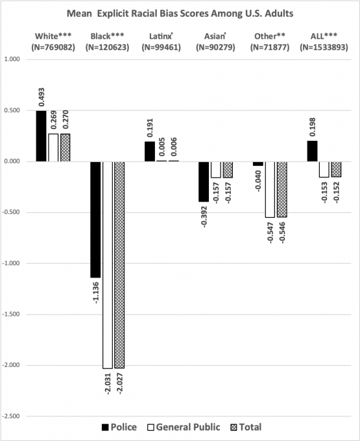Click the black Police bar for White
(41, 136)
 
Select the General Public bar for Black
(108, 265)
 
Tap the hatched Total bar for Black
(119, 265)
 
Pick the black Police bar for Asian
(204, 182)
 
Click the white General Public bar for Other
(270, 189)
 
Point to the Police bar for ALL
(312, 151)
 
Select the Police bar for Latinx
(150, 152)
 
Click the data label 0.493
(42, 97)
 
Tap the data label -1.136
(95, 292)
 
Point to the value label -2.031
(108, 384)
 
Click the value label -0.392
(204, 217)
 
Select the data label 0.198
(313, 127)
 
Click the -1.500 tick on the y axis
(11, 314)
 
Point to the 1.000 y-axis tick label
(12, 59)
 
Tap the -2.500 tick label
(11, 416)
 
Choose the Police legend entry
(119, 427)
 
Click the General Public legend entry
(184, 427)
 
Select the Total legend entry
(246, 427)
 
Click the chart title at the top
(180, 14)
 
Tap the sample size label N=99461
(161, 47)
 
